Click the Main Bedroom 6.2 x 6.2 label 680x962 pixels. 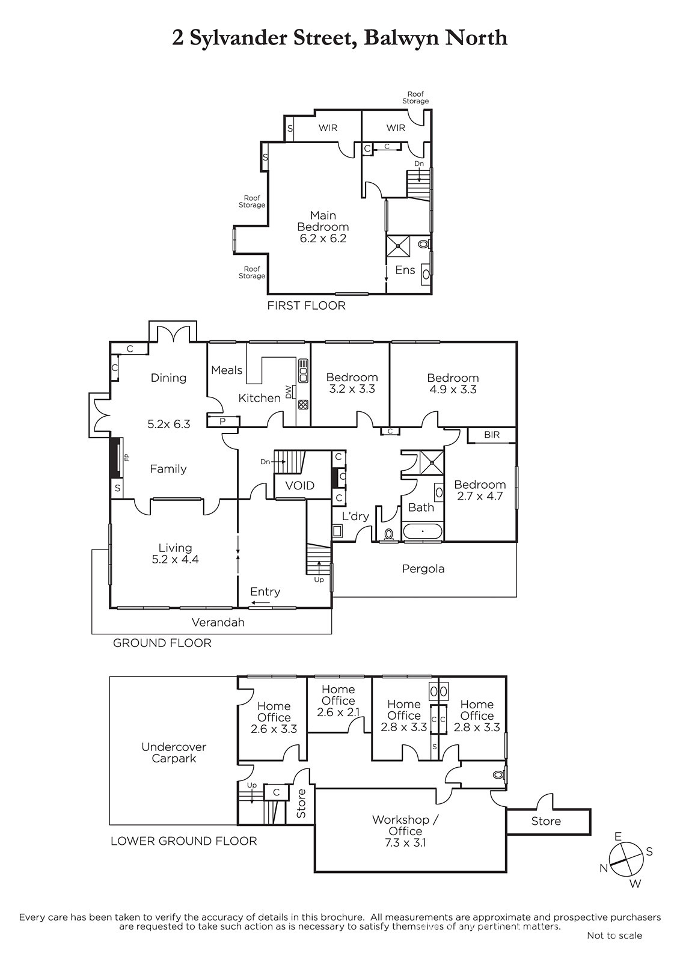click(323, 227)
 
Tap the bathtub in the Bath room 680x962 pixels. click(423, 532)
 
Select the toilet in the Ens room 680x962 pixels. click(423, 245)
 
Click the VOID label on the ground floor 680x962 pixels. click(300, 486)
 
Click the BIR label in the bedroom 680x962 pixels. click(492, 435)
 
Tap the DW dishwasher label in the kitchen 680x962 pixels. click(289, 391)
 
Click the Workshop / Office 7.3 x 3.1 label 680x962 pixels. click(405, 831)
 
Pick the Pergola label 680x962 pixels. click(423, 569)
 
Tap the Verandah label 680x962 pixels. click(218, 622)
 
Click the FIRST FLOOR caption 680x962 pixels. click(306, 305)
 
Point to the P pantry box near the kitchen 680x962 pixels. click(222, 421)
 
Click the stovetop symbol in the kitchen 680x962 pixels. click(303, 404)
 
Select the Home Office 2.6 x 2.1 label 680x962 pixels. click(338, 701)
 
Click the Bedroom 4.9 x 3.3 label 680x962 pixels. click(453, 384)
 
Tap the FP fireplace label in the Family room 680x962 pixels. click(127, 458)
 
